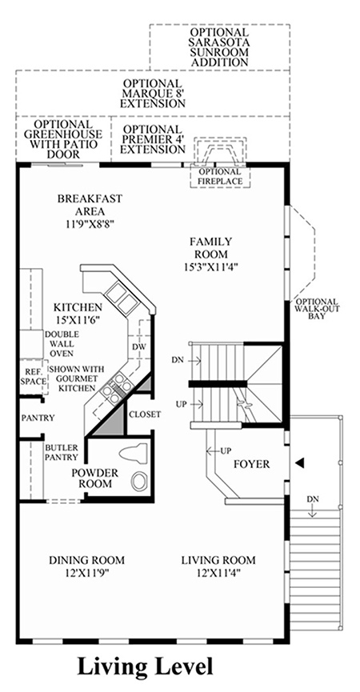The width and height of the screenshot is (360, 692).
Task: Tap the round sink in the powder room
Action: tap(139, 481)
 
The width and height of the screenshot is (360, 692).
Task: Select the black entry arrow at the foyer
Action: tap(300, 462)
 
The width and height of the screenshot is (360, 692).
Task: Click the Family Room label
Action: tap(211, 247)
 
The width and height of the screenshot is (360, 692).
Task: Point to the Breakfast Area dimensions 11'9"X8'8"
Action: tap(90, 223)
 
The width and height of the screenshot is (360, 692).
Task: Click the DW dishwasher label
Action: tap(138, 347)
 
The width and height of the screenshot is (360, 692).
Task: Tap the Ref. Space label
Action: tap(33, 376)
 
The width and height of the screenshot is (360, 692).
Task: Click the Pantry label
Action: tap(38, 418)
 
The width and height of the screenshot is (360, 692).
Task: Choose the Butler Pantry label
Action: tap(62, 452)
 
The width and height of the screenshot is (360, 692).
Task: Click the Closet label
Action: tap(145, 414)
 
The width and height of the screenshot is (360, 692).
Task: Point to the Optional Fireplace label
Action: tap(220, 177)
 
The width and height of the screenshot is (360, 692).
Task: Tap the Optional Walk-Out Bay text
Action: tap(318, 309)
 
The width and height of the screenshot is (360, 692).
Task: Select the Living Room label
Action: tap(218, 561)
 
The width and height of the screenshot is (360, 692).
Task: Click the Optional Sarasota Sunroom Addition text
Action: tap(219, 47)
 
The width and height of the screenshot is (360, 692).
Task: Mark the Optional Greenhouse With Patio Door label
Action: tap(63, 139)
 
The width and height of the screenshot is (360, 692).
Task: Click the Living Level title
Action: tap(146, 667)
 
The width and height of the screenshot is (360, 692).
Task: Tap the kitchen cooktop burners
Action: tap(115, 387)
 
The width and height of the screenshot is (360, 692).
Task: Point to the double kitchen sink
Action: tap(118, 298)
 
